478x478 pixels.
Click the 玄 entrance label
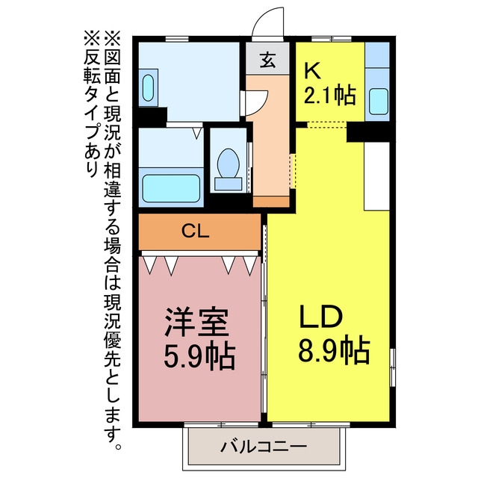[268, 60]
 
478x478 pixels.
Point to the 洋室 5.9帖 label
[199, 338]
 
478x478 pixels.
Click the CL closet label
[196, 232]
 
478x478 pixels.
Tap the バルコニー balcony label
[264, 447]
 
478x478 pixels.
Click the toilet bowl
[228, 163]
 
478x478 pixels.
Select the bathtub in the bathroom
[171, 188]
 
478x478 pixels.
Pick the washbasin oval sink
[148, 88]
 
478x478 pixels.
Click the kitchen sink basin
[379, 102]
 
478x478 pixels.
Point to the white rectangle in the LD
[377, 176]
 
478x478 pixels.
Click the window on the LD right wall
[393, 367]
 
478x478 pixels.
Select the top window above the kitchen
[332, 39]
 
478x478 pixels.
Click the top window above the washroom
[177, 39]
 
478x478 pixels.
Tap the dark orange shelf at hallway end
[271, 202]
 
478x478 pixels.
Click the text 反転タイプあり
[91, 104]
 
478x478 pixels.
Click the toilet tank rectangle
[228, 184]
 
